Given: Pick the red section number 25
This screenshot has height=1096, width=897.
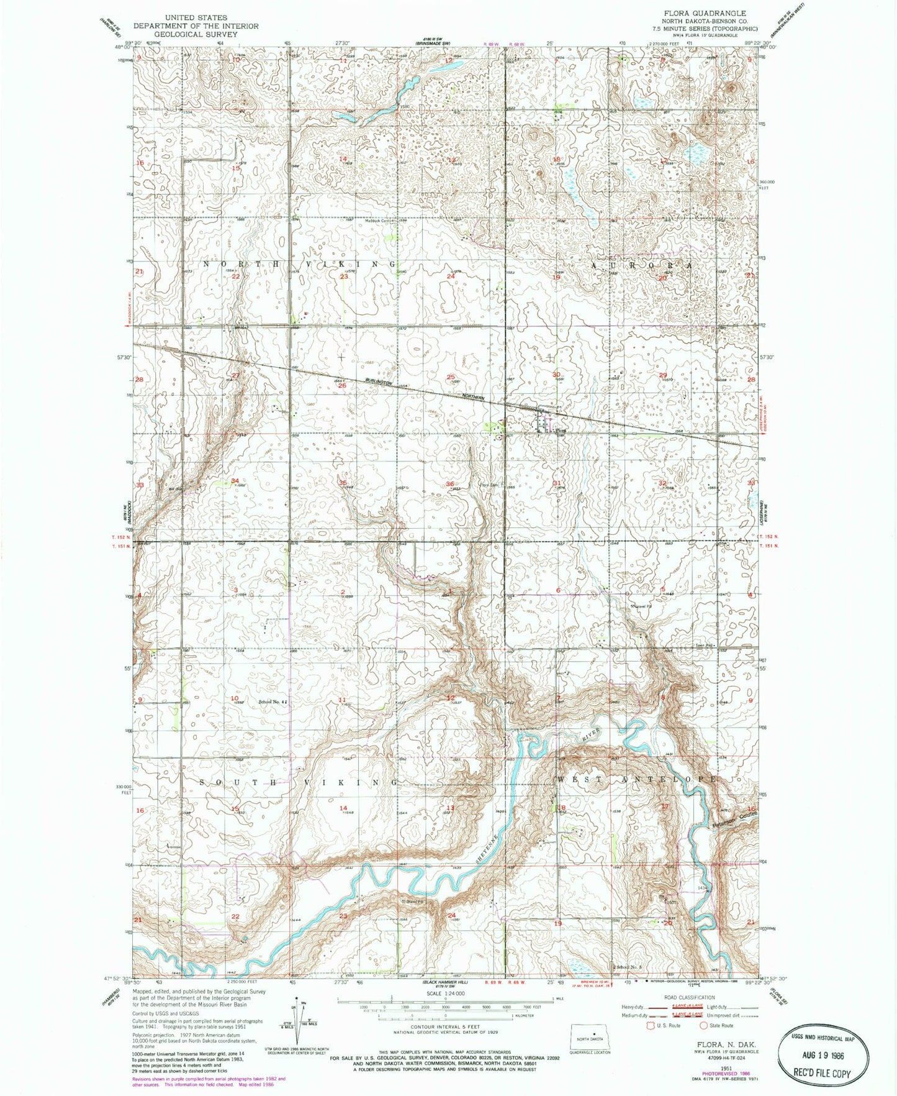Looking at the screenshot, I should (451, 377).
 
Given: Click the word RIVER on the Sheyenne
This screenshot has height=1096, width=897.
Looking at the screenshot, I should (592, 733).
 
